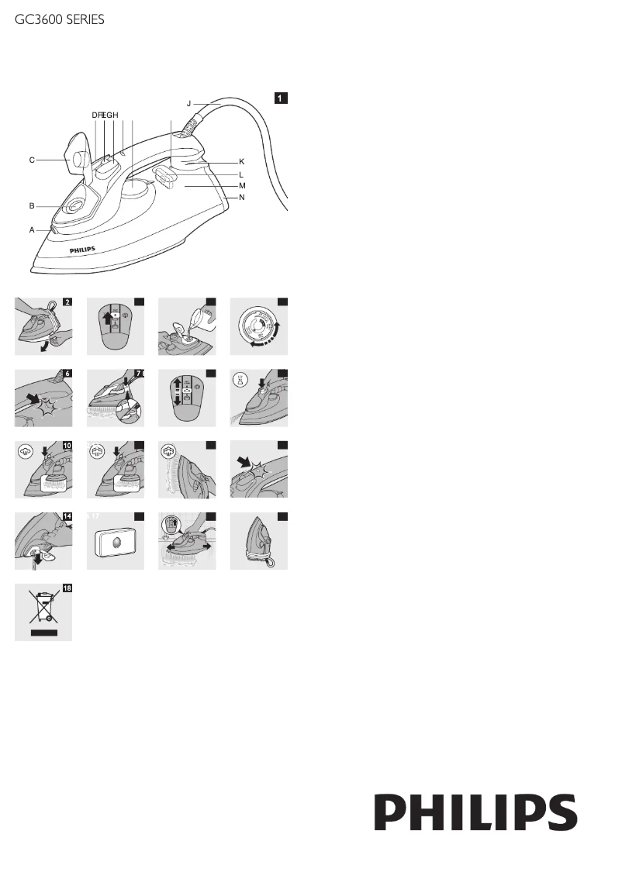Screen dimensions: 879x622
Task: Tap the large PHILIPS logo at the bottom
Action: point(476,812)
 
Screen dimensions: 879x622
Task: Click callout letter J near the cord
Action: point(188,102)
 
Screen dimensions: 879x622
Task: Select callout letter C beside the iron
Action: point(32,160)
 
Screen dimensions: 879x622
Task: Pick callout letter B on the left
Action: point(32,206)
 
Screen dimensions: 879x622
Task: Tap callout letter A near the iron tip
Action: point(32,230)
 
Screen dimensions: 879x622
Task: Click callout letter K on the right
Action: point(241,161)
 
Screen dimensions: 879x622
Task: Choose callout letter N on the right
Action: point(242,198)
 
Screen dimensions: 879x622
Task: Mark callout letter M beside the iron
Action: point(242,187)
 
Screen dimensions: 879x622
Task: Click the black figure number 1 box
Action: point(282,98)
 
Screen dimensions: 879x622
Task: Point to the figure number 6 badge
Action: point(65,374)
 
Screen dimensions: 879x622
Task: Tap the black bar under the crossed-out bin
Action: point(43,633)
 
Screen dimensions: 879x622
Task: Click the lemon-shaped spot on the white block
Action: point(115,543)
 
